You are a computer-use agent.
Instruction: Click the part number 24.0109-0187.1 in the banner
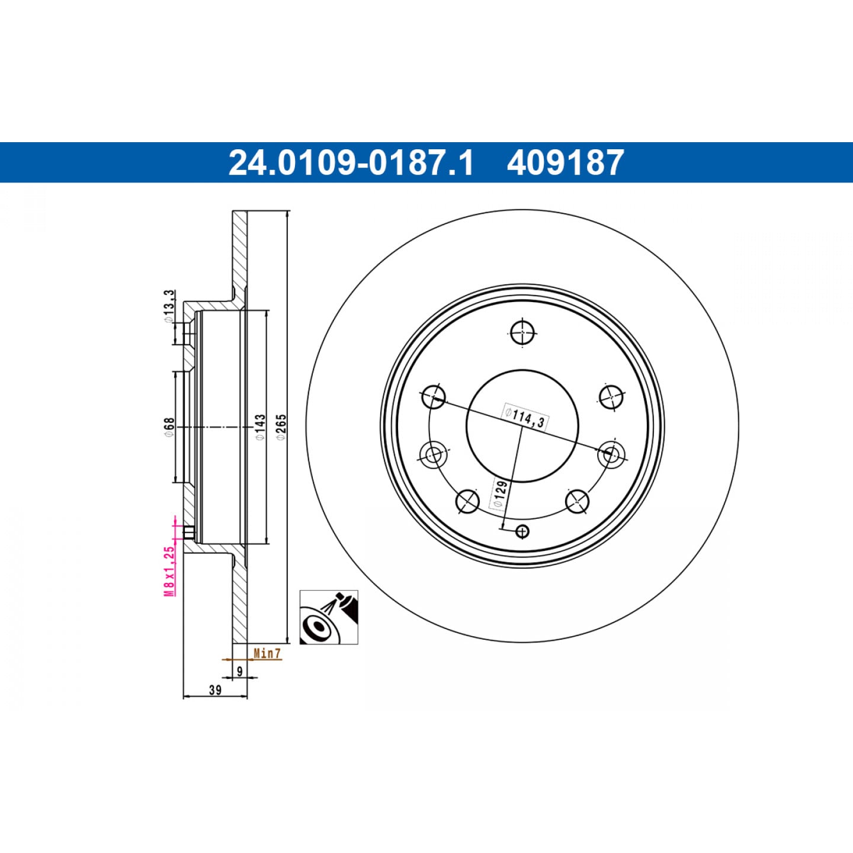click(351, 162)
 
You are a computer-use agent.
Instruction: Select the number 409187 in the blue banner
click(565, 162)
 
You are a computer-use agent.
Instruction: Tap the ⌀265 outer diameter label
click(281, 426)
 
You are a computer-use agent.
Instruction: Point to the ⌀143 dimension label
click(260, 427)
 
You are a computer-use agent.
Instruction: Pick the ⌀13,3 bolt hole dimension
click(169, 306)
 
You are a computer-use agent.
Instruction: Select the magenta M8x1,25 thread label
click(169, 572)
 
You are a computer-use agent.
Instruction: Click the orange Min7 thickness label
click(267, 653)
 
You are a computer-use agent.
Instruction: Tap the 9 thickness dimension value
click(239, 672)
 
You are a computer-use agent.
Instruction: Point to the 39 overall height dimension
click(215, 690)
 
